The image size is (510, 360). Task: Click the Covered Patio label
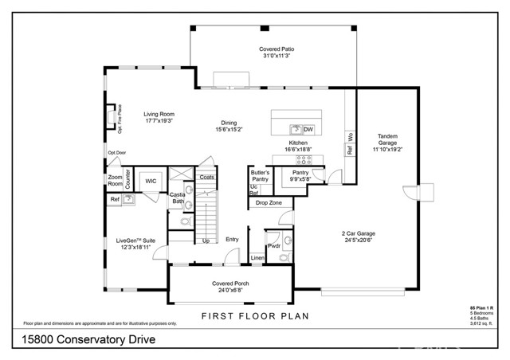pos(272,49)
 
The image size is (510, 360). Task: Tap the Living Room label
pos(159,114)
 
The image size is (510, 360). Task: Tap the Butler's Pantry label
pos(260,176)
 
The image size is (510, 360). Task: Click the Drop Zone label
pos(269,203)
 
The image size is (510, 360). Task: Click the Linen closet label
pos(257,257)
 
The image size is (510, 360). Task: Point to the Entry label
pos(232,239)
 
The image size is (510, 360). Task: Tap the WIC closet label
pos(150,182)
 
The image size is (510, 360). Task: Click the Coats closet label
pos(207,177)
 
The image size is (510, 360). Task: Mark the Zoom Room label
pos(116,180)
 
